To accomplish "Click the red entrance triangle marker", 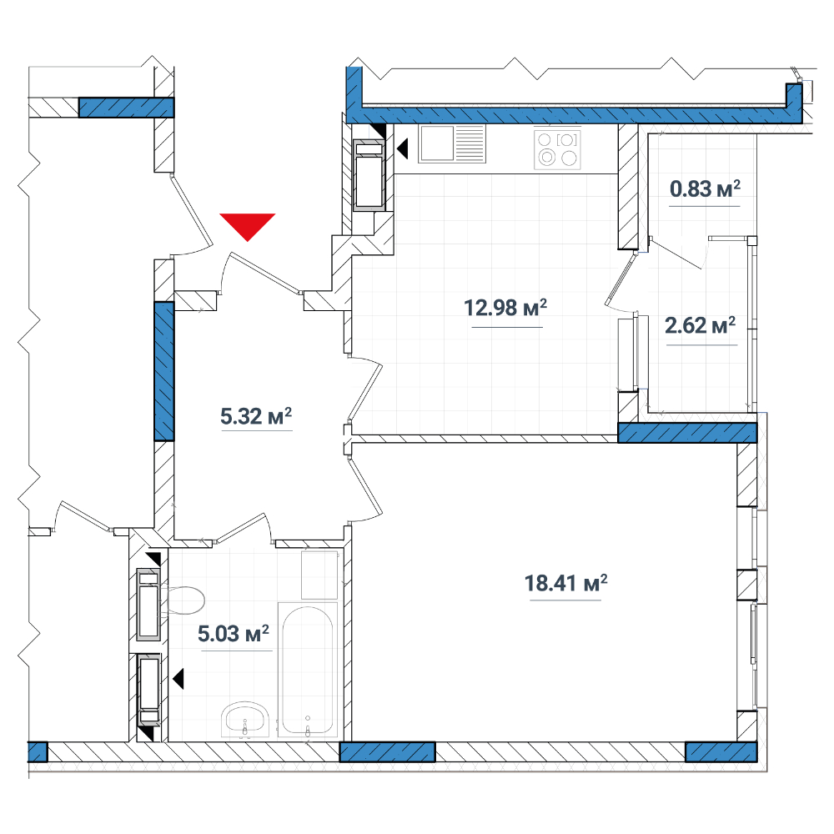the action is click(248, 225).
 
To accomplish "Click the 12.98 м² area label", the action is click(505, 308).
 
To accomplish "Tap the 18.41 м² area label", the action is click(566, 583).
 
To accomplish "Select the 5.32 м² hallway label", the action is click(256, 416).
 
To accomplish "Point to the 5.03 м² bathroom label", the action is click(234, 634).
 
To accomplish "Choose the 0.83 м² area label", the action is click(705, 188).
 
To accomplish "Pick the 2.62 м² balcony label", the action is click(701, 325).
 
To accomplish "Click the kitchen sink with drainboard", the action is click(452, 143).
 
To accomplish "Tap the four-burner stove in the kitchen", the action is click(557, 149).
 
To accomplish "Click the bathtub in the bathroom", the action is click(308, 671).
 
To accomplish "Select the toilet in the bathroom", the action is click(182, 601).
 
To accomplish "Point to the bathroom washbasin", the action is click(245, 720).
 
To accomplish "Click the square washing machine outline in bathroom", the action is click(319, 575).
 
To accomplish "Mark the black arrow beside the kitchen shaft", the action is click(403, 148).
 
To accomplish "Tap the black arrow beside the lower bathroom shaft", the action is click(178, 679).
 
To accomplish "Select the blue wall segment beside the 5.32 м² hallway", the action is click(163, 371).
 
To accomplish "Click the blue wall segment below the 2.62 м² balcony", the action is click(687, 432).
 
